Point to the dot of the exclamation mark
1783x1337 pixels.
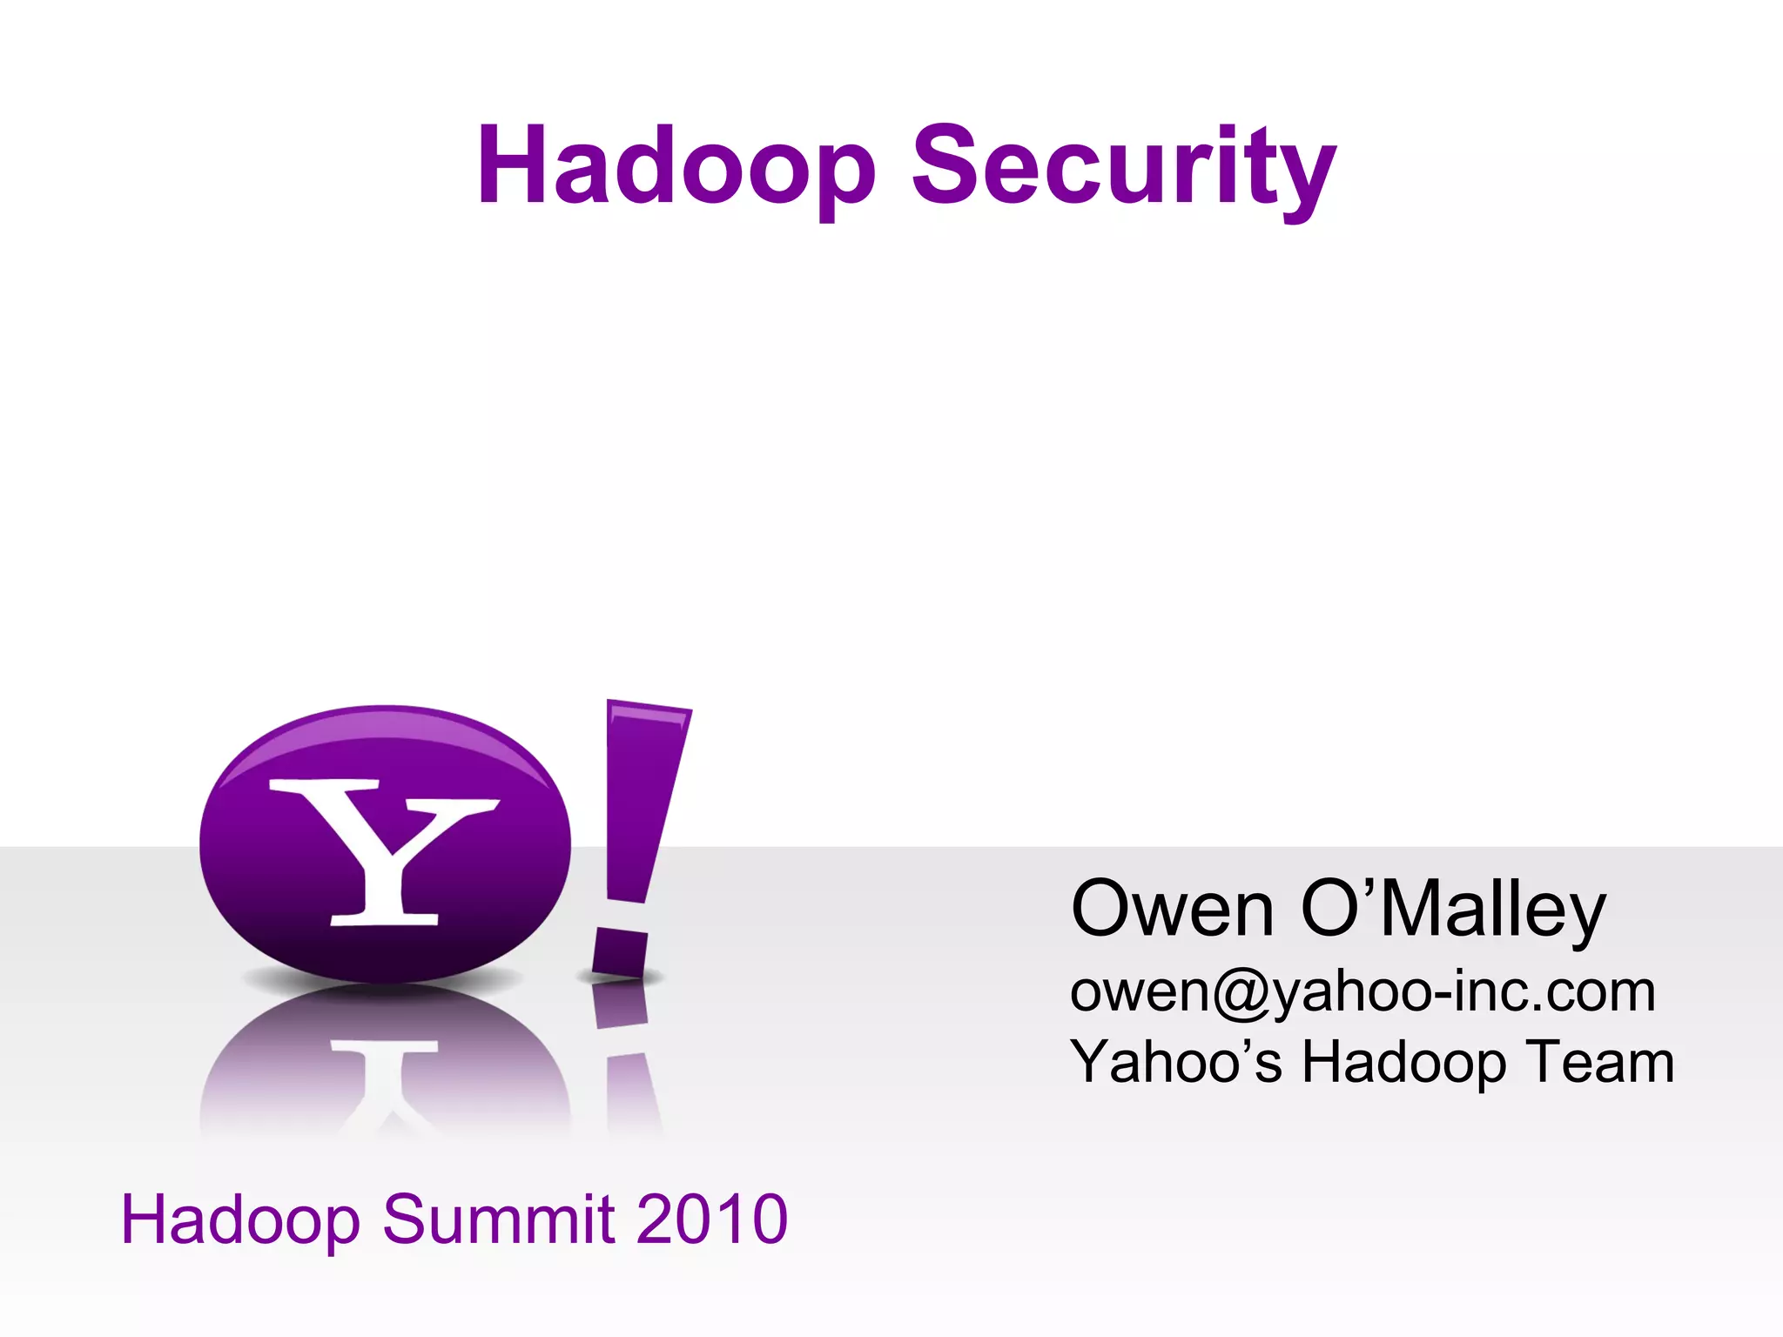click(x=620, y=954)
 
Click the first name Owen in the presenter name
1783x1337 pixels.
click(x=1172, y=909)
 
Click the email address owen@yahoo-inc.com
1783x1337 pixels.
click(x=1362, y=991)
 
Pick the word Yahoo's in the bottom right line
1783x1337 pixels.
click(x=1175, y=1062)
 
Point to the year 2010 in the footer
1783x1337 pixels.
click(x=711, y=1219)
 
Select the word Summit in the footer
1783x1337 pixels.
click(x=498, y=1219)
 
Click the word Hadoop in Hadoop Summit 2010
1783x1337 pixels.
click(x=240, y=1219)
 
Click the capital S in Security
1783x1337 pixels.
click(x=945, y=165)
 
